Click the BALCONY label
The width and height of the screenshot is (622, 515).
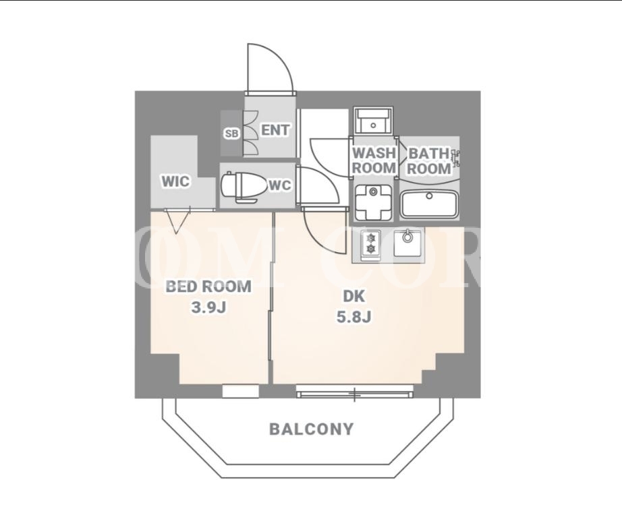(x=312, y=429)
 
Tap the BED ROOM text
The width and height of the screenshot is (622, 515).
(x=208, y=286)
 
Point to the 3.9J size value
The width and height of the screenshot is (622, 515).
(x=208, y=307)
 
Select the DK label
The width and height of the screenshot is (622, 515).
(x=354, y=296)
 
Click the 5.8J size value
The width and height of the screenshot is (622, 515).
(x=354, y=317)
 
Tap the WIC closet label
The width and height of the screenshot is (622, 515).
(x=175, y=181)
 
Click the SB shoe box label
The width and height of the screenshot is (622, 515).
(x=231, y=134)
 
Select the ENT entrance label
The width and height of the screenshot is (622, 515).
(x=275, y=130)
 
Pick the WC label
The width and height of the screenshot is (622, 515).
(x=280, y=185)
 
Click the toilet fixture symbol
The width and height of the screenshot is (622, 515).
(x=243, y=187)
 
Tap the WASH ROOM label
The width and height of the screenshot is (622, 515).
(x=374, y=160)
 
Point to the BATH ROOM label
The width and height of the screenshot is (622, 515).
(x=429, y=161)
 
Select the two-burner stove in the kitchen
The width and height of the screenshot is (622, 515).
(x=371, y=245)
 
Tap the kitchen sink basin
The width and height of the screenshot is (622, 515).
(x=407, y=243)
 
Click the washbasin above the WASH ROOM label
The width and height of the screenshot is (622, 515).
(x=373, y=121)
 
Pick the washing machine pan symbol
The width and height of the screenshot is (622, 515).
(x=373, y=203)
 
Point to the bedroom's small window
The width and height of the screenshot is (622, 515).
(x=240, y=391)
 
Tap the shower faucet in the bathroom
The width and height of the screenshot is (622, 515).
(x=456, y=158)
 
